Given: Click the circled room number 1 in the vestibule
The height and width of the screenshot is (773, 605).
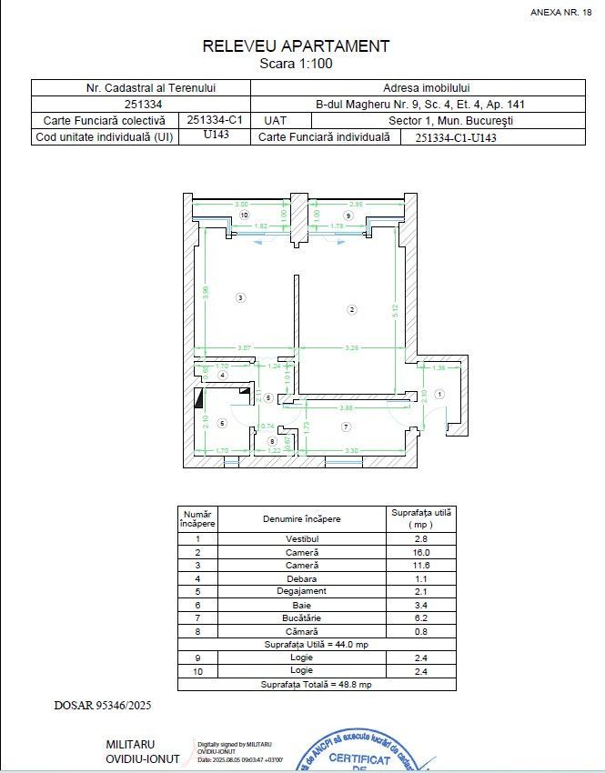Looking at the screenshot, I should click(439, 394).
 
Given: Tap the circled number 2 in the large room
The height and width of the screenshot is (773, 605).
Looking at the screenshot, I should click(351, 310).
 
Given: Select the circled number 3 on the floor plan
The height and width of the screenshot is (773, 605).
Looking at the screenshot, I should click(239, 297).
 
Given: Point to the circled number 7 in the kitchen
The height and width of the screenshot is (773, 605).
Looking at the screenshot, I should click(347, 426).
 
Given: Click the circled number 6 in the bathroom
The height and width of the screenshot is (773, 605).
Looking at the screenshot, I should click(221, 423).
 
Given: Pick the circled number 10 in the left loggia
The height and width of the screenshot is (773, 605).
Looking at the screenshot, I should click(243, 215).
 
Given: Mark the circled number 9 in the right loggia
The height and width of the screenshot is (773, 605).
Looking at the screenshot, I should click(348, 216).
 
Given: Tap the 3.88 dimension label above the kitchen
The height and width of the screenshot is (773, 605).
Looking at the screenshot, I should click(346, 407).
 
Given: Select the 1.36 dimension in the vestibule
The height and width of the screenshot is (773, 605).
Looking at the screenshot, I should click(439, 367).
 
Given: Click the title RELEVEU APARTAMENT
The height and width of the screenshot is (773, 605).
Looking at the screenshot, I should click(296, 46).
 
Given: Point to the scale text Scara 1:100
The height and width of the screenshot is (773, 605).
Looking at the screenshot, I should click(296, 65).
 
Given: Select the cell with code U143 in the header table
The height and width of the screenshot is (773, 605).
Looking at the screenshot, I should click(216, 135).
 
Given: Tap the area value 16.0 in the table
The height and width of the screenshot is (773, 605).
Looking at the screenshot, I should click(420, 552).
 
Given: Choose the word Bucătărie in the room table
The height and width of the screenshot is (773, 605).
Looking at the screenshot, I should click(303, 617).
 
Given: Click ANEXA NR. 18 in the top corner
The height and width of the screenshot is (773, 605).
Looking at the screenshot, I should click(560, 12).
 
